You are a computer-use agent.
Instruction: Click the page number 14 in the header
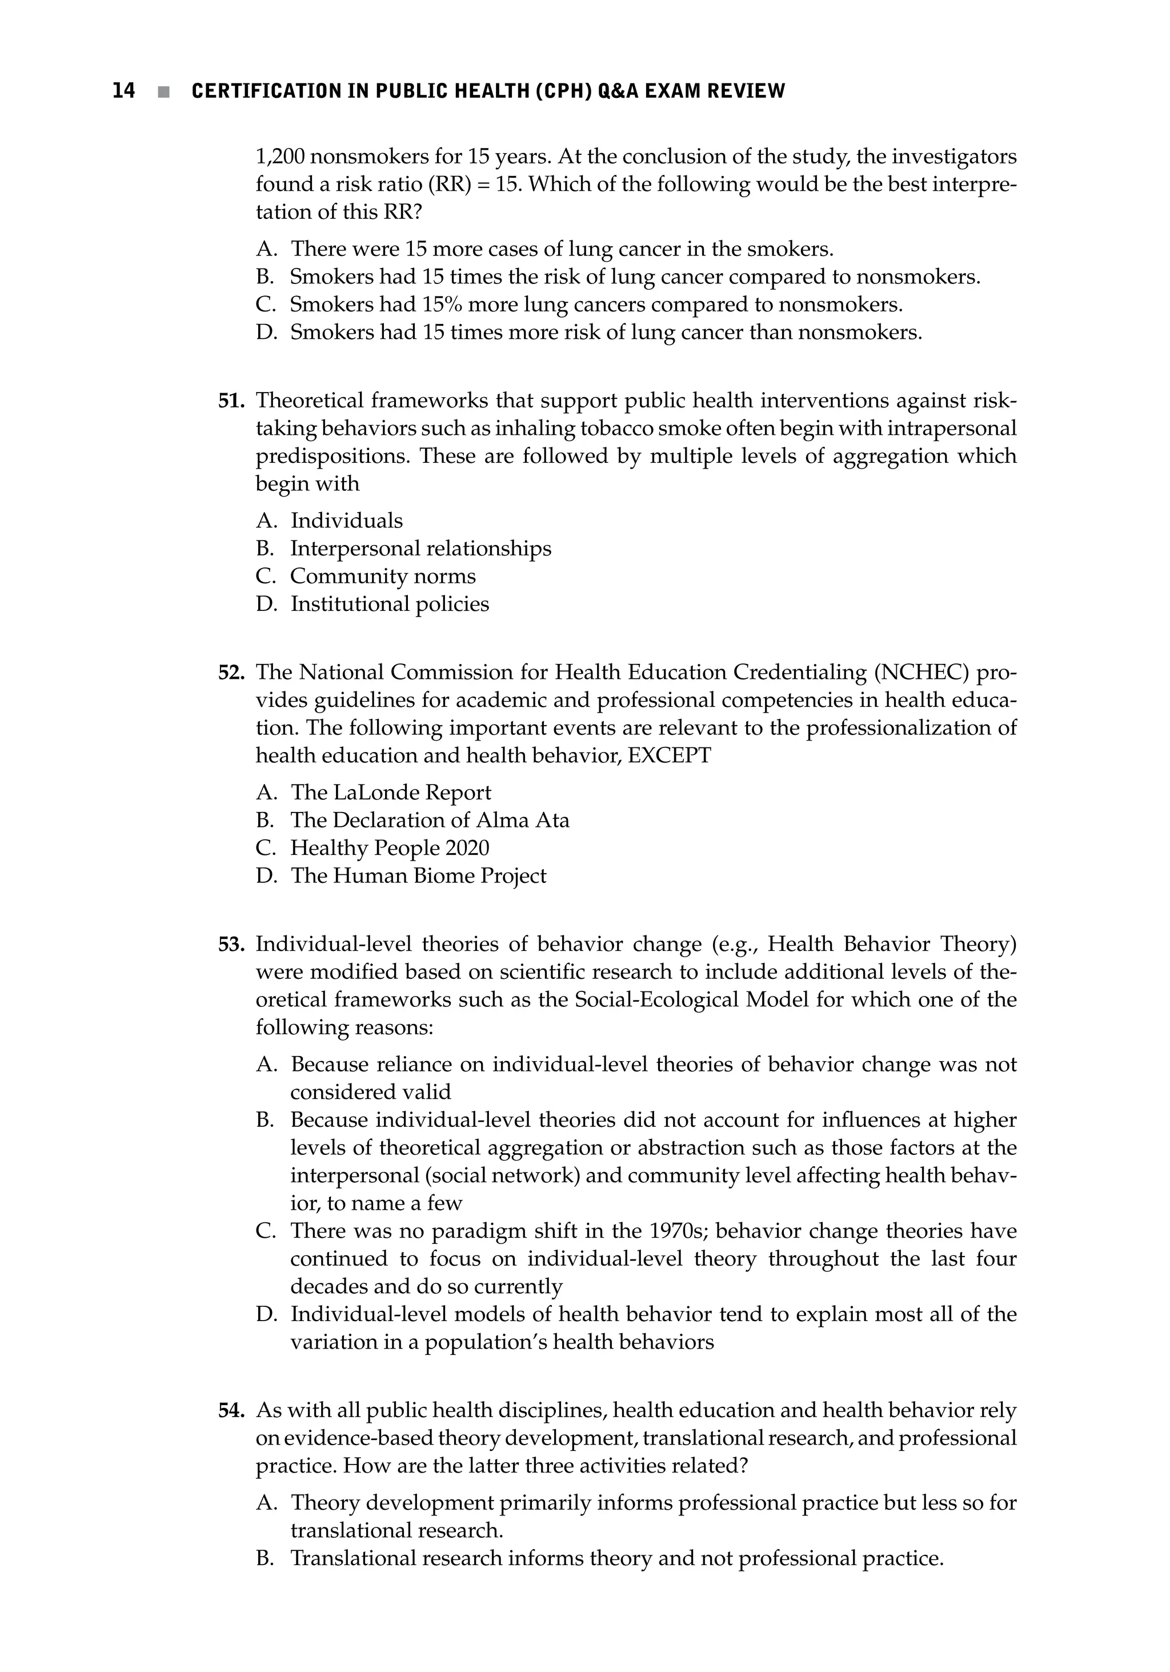(124, 91)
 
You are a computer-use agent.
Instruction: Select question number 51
(231, 401)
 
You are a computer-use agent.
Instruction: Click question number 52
(231, 672)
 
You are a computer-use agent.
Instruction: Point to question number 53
(231, 945)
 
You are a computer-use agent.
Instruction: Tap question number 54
(231, 1410)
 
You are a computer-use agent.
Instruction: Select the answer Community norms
(382, 576)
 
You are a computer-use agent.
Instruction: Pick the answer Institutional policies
(390, 603)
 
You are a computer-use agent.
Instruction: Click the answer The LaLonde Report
(391, 793)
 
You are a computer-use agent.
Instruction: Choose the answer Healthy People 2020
(390, 847)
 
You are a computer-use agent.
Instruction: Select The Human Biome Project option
(418, 875)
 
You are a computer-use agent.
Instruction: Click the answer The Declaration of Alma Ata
(430, 820)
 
